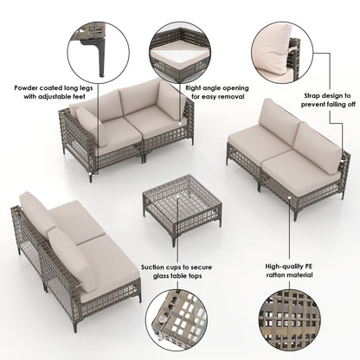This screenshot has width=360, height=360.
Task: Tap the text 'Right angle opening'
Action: pos(217,88)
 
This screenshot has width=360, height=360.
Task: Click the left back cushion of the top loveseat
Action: pos(106,106)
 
